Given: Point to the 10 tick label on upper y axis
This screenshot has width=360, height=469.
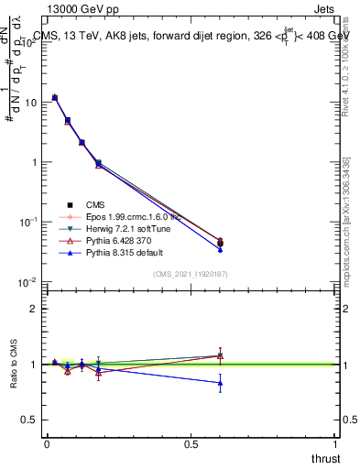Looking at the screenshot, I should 31,103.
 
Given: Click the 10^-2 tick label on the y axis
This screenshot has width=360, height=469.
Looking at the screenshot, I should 27,281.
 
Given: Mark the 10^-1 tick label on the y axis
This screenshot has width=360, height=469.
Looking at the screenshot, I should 27,222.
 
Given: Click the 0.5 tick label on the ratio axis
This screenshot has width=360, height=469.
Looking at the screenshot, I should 29,420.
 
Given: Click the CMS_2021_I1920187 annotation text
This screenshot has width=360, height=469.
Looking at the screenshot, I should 191,274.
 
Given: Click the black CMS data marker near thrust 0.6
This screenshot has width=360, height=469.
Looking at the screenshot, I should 220,243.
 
